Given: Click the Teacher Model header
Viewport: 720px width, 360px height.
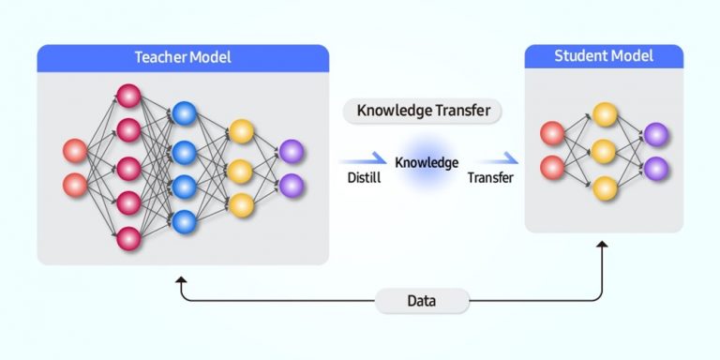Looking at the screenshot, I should (183, 57).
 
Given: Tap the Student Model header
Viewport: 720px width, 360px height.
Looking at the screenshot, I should (603, 56).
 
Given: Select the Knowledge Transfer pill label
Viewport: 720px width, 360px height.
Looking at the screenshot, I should (423, 111).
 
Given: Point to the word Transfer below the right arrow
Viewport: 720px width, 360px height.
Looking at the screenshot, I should (489, 178).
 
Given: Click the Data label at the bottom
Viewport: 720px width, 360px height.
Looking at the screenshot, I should (422, 301).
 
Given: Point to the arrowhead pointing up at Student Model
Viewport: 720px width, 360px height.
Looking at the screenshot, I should (602, 246).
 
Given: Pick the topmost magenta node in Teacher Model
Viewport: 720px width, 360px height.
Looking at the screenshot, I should (128, 96).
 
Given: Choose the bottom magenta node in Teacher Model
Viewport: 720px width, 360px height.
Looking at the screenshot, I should (128, 238).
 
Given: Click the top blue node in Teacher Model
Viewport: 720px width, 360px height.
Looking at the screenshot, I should (184, 114).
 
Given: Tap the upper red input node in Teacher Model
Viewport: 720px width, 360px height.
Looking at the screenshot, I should (75, 150).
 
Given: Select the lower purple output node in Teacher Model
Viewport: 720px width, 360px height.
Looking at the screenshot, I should (292, 185).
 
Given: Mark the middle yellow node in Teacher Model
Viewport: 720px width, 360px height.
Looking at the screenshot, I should (241, 172).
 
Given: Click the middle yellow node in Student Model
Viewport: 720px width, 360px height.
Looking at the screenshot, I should (605, 151).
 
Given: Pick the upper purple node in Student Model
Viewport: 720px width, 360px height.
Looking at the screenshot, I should (656, 134).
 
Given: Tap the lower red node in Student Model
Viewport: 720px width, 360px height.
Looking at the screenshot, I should (553, 168).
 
